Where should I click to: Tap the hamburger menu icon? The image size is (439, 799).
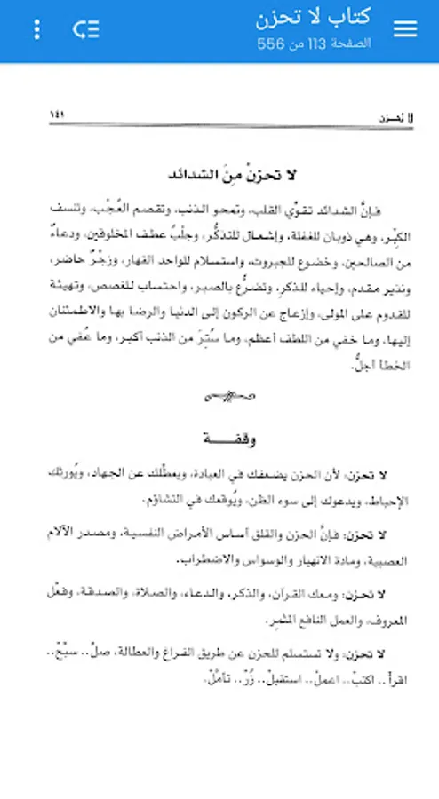[x=405, y=29]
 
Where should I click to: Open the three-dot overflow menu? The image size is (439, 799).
[x=36, y=29]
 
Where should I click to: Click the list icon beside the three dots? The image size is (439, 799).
[x=85, y=29]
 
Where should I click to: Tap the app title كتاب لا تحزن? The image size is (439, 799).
[x=313, y=17]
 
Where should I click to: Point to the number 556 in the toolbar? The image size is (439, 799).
[x=272, y=43]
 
